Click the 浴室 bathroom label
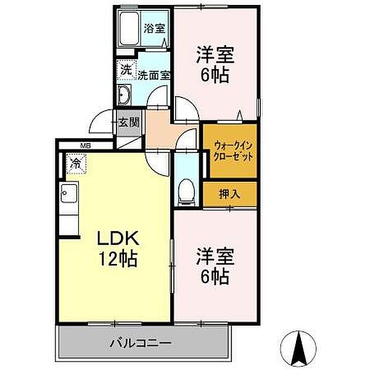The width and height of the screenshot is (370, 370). (x=154, y=28)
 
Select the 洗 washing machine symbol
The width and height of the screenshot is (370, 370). (x=126, y=70)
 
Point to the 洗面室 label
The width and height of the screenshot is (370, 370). (x=153, y=76)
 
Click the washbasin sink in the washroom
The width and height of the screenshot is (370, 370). (x=123, y=96)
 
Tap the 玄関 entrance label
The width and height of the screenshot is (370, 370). (x=128, y=122)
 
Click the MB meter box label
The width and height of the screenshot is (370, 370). (x=85, y=146)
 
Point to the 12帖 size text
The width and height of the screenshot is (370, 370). (x=114, y=259)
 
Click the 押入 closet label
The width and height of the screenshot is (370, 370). (x=229, y=194)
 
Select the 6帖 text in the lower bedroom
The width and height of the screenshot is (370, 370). (x=213, y=276)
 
